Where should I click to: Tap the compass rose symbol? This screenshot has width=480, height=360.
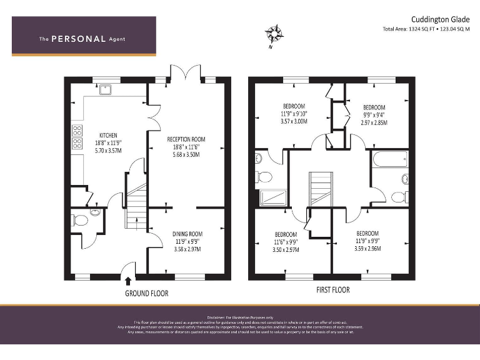(x=273, y=33)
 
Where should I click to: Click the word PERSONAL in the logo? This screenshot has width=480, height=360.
(x=78, y=39)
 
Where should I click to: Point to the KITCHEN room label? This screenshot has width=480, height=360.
(x=108, y=136)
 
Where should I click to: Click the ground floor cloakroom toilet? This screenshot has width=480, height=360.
(x=79, y=219)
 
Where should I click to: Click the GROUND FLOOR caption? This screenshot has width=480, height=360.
(x=147, y=293)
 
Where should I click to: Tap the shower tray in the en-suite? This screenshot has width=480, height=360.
(x=272, y=198)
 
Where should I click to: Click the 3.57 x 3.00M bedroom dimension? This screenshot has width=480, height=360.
(x=293, y=122)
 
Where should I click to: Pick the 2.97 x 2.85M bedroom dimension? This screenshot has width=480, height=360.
(x=374, y=123)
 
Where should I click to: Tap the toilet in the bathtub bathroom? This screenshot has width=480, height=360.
(x=397, y=197)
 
